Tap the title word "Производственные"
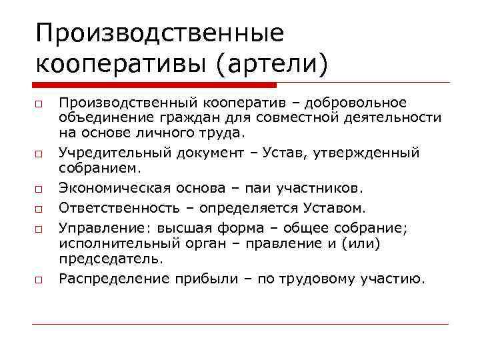click(x=160, y=32)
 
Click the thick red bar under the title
click(x=153, y=85)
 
